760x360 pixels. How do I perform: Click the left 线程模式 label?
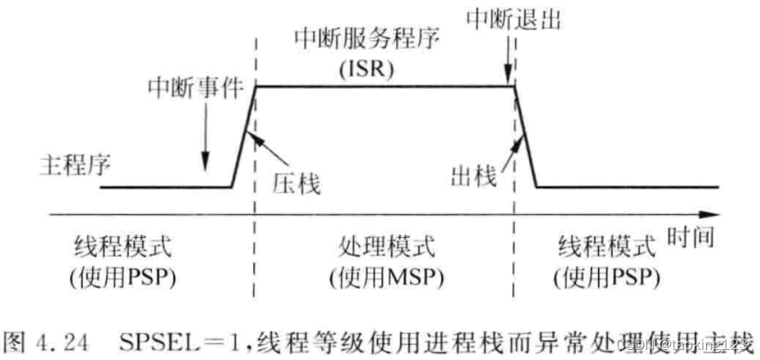[x=122, y=248]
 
